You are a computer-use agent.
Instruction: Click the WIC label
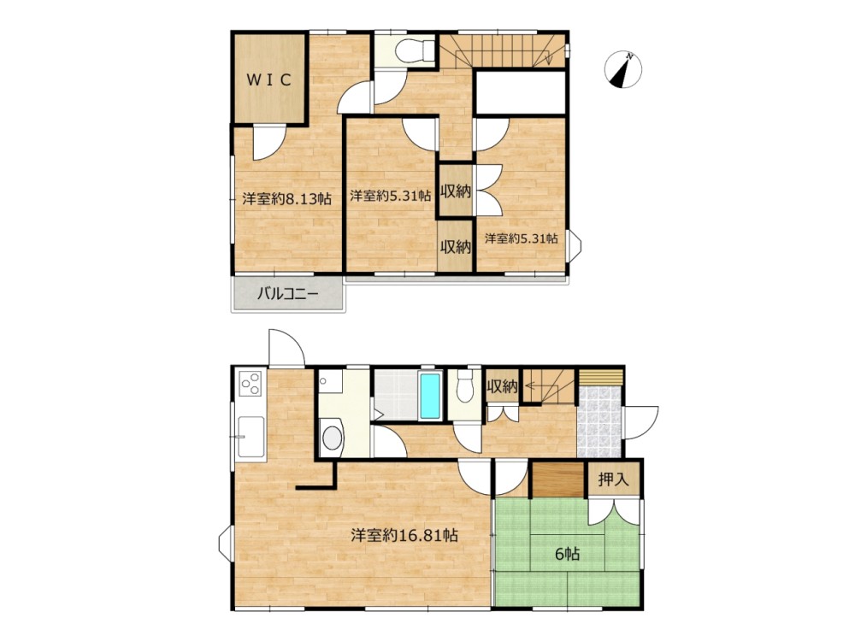point(269,80)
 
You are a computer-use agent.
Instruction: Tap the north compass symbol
point(623,69)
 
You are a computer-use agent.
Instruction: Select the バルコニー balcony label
point(287,294)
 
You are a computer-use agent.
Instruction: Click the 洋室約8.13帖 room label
point(286,198)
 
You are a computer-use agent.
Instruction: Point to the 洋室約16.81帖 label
point(404,535)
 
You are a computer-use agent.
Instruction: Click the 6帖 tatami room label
point(567,555)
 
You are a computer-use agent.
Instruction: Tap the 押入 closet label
point(613,479)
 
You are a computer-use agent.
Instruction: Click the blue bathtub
point(431,395)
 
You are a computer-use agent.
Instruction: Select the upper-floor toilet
point(414,51)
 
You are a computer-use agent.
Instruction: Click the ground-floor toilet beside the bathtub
point(464,386)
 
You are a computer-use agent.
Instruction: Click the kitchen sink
point(251,437)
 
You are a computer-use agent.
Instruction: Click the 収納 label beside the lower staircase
point(502,387)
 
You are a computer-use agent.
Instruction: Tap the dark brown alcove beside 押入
point(557,480)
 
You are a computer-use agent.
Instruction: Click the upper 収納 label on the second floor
point(456,191)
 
